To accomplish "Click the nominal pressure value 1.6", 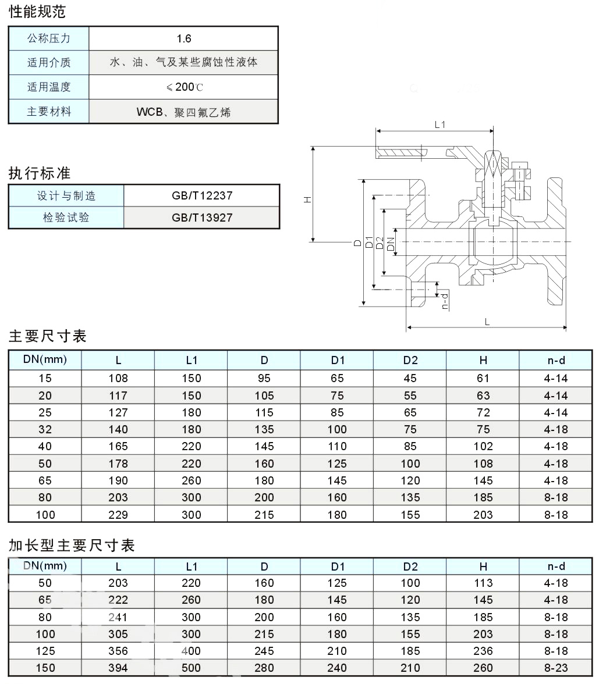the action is click(x=184, y=39).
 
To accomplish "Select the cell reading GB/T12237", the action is click(x=202, y=195).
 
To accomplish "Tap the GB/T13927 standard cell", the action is click(x=202, y=218).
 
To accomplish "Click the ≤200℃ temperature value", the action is click(x=185, y=87).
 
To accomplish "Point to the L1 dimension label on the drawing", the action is click(x=440, y=124).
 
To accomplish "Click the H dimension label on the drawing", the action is click(x=308, y=199).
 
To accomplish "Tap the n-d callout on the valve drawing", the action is click(x=445, y=301).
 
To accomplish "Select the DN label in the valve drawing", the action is click(x=391, y=244).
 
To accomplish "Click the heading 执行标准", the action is click(x=40, y=173).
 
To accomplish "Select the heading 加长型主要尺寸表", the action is click(x=72, y=546).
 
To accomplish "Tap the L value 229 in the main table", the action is click(x=118, y=515).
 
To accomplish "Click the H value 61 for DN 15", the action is click(x=483, y=378).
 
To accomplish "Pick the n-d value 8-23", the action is click(x=556, y=668).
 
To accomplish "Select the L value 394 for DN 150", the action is click(x=118, y=668).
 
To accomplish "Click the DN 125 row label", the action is click(x=45, y=651).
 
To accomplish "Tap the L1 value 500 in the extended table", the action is click(x=191, y=668).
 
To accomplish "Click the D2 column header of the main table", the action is click(x=410, y=361).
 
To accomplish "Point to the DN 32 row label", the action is click(x=45, y=430).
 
